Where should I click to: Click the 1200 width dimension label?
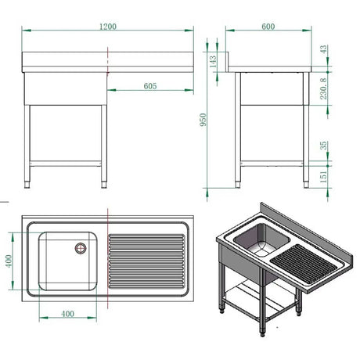click(108, 27)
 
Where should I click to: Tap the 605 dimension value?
click(150, 86)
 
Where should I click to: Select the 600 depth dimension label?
click(268, 27)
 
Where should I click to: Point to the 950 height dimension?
click(203, 120)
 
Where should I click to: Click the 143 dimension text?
click(213, 62)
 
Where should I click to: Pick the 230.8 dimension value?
click(323, 88)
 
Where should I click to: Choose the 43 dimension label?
click(323, 49)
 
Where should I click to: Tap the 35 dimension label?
click(323, 146)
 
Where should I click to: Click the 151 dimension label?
click(323, 177)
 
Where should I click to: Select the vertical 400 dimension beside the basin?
click(9, 261)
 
